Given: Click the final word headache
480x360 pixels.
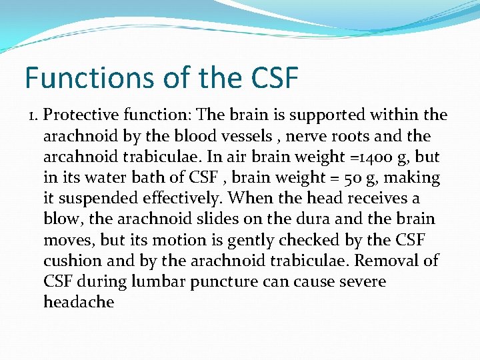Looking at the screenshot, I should pyautogui.click(x=79, y=302).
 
